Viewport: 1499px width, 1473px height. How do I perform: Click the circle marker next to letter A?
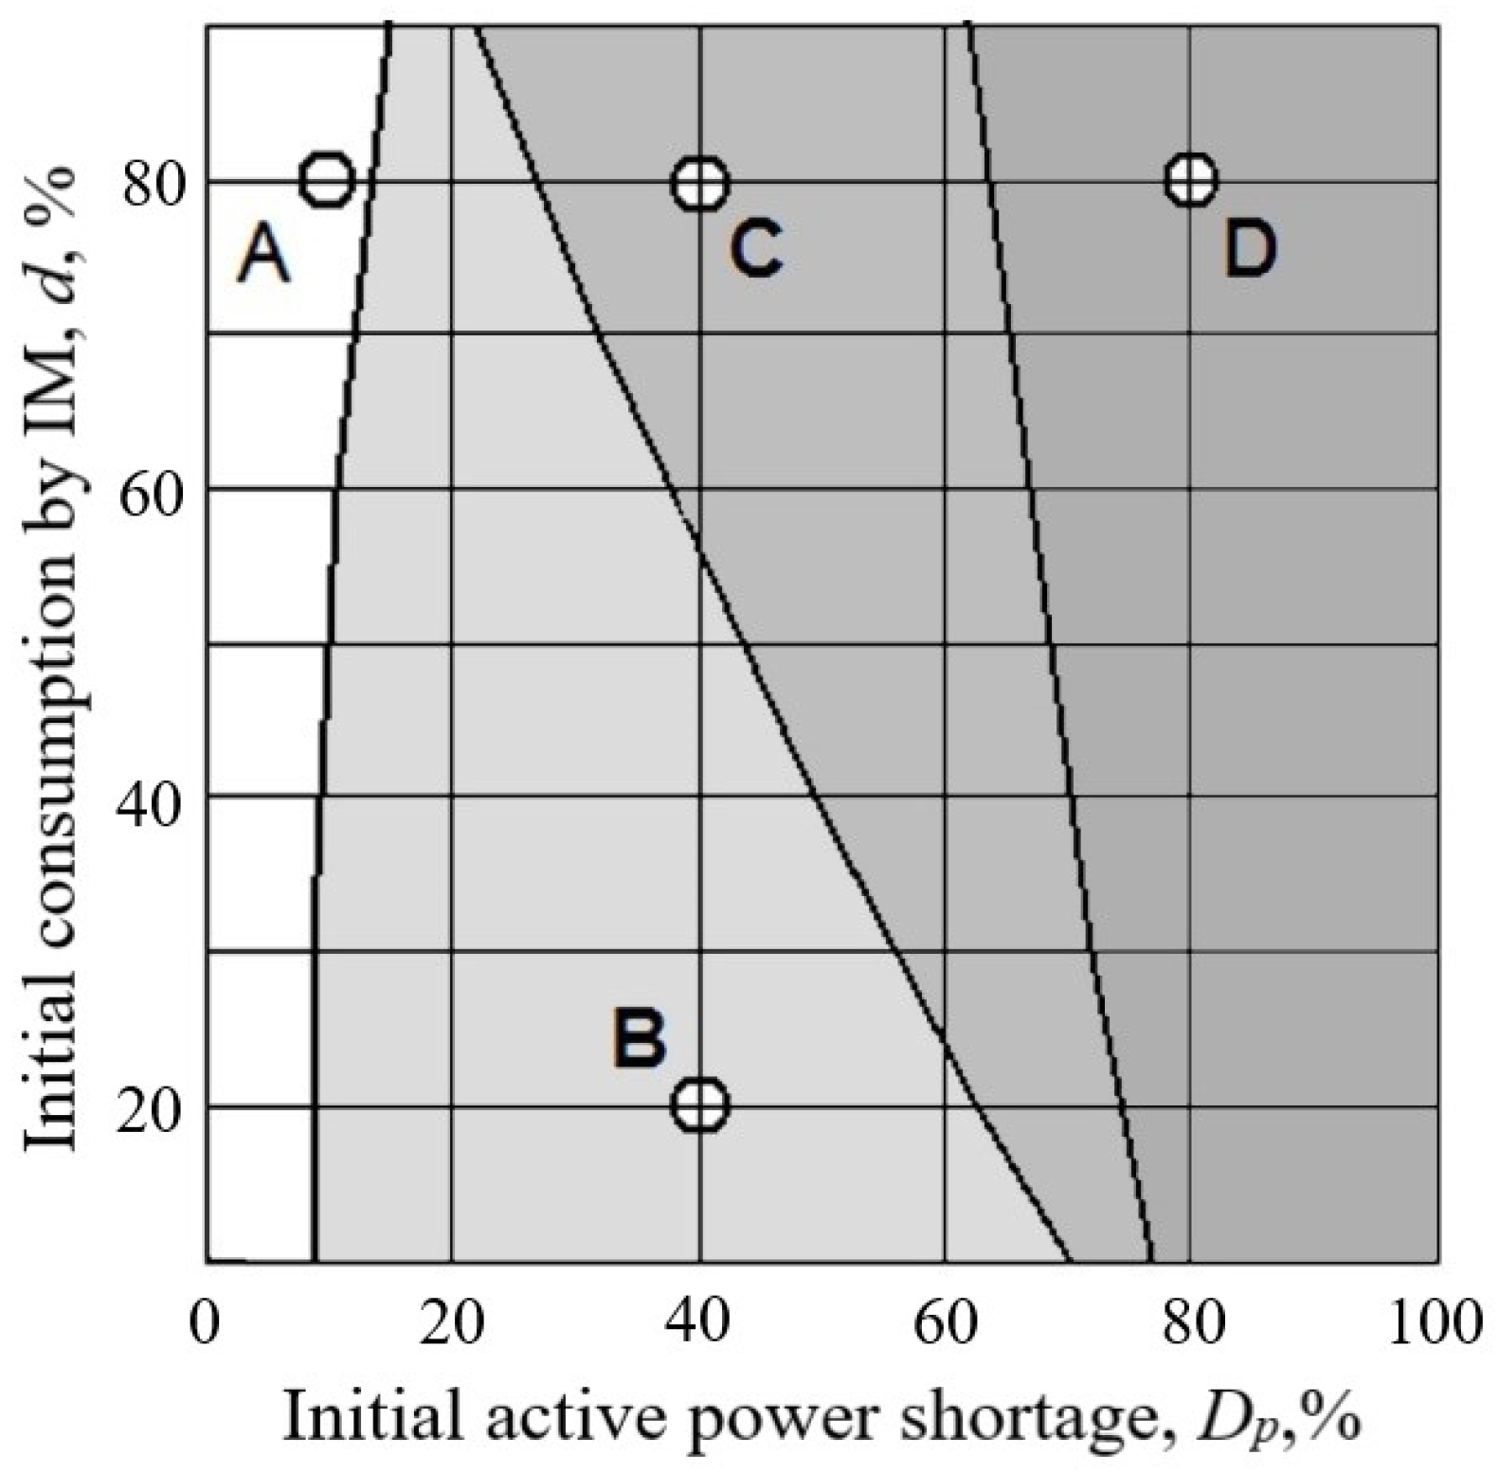[x=327, y=179]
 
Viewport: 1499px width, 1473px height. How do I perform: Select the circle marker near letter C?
[x=701, y=182]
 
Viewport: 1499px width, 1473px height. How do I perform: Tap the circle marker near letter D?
[x=1191, y=179]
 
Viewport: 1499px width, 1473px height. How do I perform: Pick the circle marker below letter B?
[x=701, y=1104]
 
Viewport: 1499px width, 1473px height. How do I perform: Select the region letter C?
[x=755, y=249]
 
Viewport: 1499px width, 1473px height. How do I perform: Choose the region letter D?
[x=1249, y=249]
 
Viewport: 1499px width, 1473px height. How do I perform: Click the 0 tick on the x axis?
[x=205, y=1322]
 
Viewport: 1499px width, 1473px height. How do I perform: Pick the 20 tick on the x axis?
[x=453, y=1322]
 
